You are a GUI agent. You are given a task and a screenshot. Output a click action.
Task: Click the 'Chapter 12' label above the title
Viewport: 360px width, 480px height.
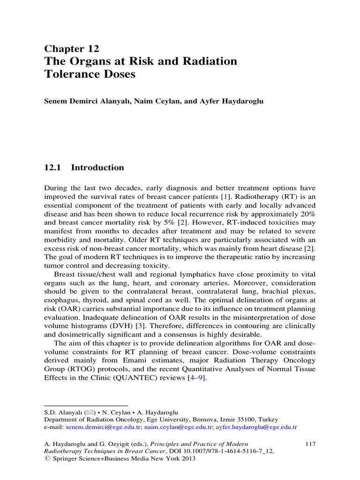pyautogui.click(x=71, y=49)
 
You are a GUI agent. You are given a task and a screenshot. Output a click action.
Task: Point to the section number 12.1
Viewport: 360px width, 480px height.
pyautogui.click(x=53, y=168)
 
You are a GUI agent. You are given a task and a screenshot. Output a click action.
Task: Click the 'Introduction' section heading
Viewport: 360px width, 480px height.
pyautogui.click(x=100, y=168)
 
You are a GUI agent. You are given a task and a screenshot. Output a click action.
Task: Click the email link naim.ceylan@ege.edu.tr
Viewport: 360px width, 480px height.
pyautogui.click(x=173, y=427)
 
